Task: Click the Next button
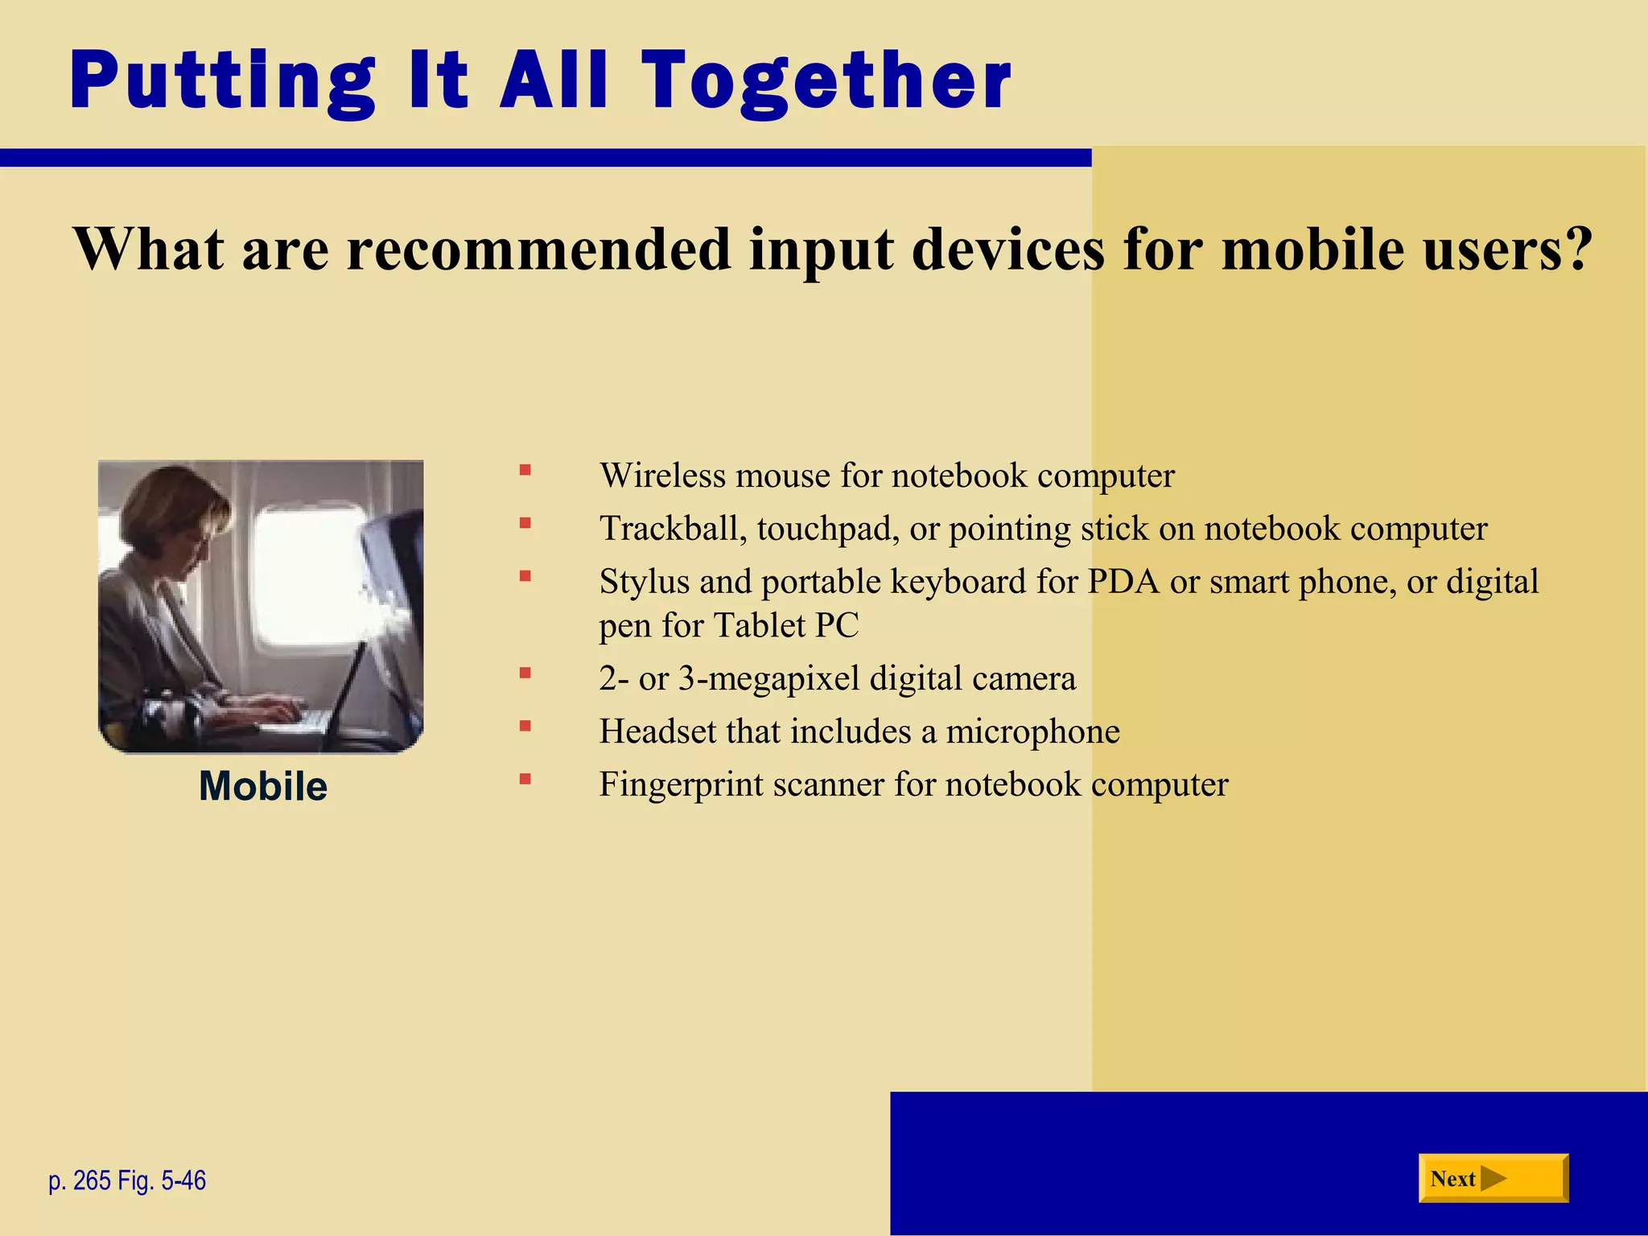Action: [1493, 1178]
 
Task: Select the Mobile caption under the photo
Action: [263, 786]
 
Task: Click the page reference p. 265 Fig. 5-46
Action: [127, 1180]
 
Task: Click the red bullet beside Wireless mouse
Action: [525, 470]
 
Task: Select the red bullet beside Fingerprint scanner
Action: [525, 778]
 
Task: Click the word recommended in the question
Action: [538, 249]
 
